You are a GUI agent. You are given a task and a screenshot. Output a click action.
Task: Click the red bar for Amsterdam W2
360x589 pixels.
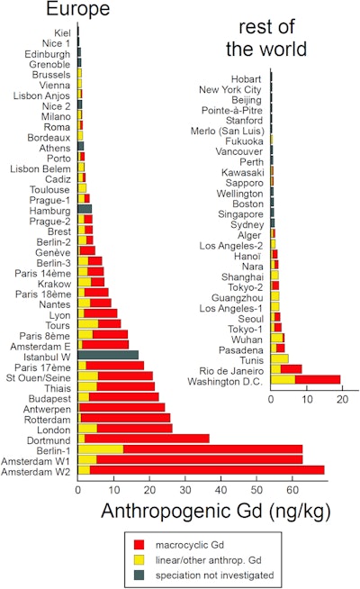pyautogui.click(x=207, y=469)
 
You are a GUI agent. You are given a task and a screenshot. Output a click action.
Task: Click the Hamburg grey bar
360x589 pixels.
pyautogui.click(x=85, y=209)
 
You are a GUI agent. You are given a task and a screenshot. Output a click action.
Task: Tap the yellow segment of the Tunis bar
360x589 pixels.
pyautogui.click(x=280, y=358)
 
